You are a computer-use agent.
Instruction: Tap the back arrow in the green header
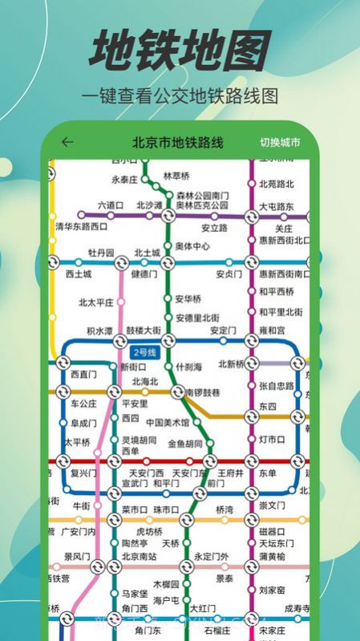(x=67, y=143)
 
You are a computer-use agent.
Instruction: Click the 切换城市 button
(x=280, y=143)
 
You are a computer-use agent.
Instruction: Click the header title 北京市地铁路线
(x=178, y=143)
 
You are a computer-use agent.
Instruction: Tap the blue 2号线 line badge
(x=144, y=352)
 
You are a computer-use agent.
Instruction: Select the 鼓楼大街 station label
(x=144, y=331)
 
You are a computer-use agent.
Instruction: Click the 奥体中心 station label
(x=192, y=246)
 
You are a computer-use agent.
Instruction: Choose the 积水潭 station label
(x=100, y=331)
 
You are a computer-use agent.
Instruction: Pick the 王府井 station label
(x=230, y=473)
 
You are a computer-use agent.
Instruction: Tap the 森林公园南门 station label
(x=202, y=196)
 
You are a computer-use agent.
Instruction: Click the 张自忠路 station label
(x=277, y=386)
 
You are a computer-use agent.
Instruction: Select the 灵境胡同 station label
(x=140, y=440)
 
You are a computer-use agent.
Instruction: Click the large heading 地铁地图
(x=180, y=51)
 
